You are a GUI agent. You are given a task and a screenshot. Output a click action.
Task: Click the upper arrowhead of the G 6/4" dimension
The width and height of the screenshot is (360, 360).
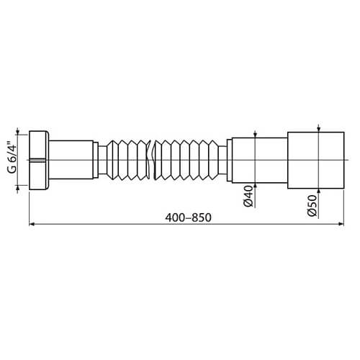(x=18, y=135)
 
